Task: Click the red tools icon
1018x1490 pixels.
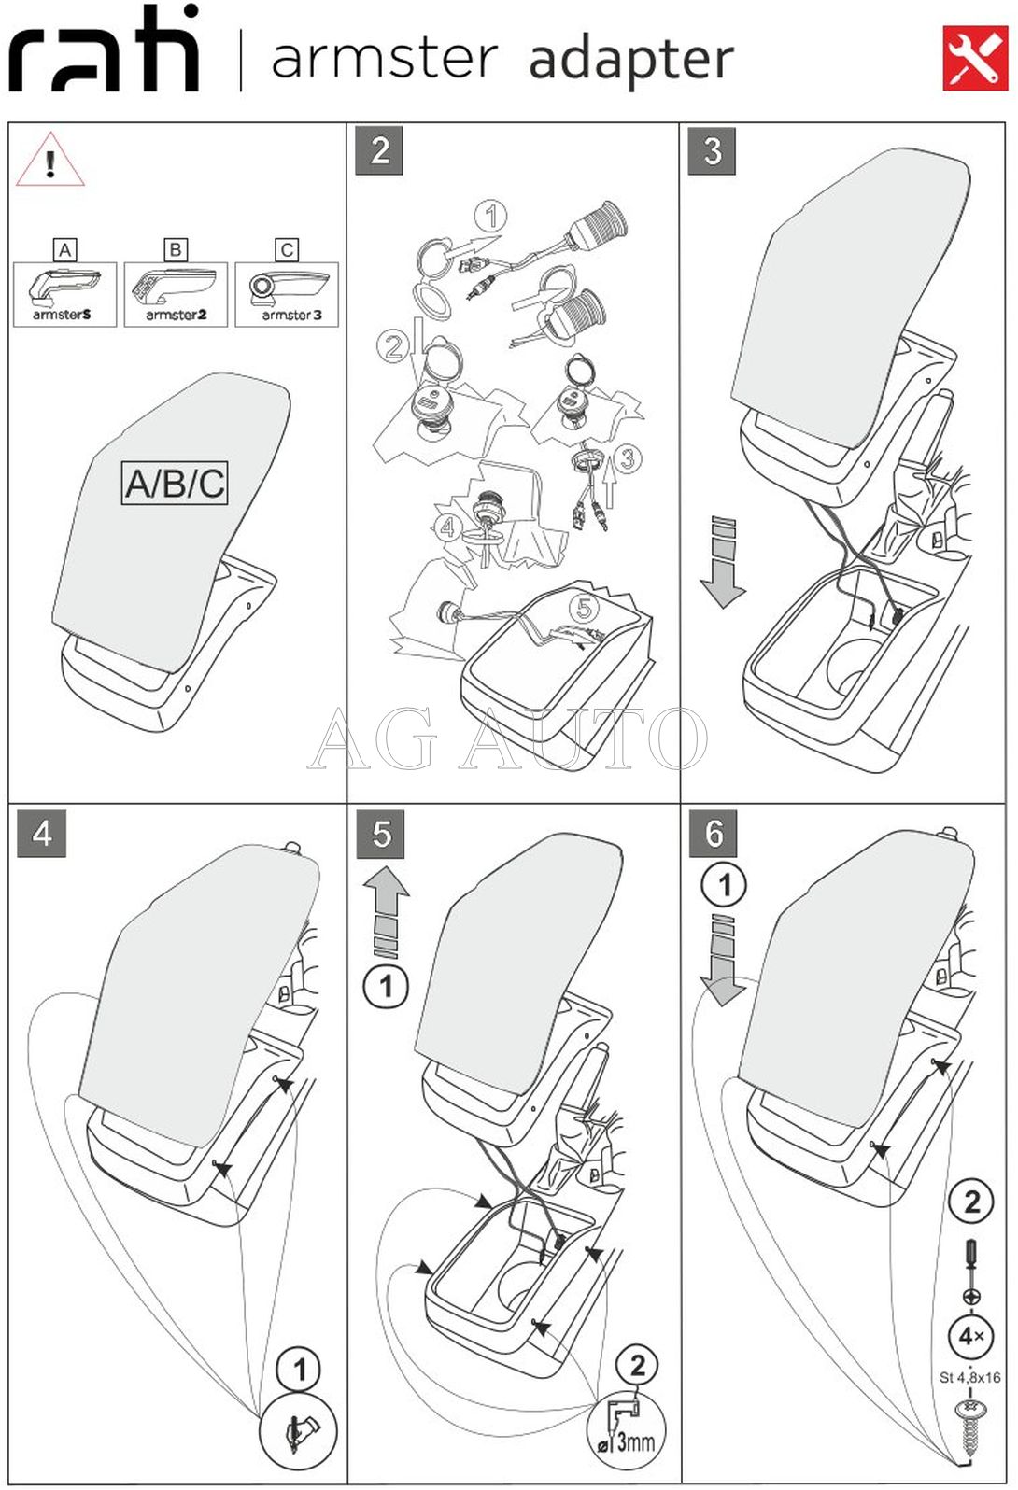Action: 975,59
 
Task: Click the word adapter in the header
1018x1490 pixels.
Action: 631,61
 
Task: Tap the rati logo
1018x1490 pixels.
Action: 105,51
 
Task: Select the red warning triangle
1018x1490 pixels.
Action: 49,162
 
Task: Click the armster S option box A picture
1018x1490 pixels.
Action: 64,294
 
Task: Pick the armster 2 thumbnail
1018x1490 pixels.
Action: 176,294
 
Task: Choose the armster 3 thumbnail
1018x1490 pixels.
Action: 287,294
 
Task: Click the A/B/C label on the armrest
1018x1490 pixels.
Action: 175,484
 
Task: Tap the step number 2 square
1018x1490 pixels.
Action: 379,151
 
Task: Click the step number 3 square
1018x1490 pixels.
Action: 712,151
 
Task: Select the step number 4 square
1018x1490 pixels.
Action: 42,833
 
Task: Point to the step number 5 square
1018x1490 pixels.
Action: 381,834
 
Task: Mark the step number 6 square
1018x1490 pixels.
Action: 714,834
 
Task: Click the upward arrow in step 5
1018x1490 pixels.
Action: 387,911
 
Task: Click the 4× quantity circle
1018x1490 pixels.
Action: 970,1336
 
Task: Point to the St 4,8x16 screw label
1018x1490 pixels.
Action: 969,1377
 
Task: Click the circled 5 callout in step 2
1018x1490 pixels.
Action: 584,609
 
